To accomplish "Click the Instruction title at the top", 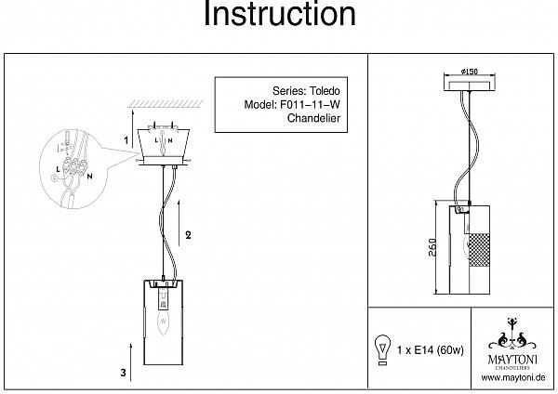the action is (x=279, y=14).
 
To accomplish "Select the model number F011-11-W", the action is (x=310, y=105).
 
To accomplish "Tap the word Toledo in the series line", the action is (x=324, y=91).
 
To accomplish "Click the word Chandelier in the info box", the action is (x=313, y=118).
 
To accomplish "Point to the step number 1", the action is (x=126, y=140).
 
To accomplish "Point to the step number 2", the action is (x=188, y=235).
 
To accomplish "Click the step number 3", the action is (x=123, y=373).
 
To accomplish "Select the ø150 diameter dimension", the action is (x=470, y=72).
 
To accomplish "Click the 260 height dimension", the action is (x=432, y=247).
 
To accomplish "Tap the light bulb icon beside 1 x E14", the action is (x=382, y=350).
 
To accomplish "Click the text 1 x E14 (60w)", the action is (x=431, y=350).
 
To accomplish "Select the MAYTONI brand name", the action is (x=512, y=359).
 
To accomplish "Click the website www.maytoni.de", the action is (x=512, y=377).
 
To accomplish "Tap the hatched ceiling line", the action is (x=166, y=104).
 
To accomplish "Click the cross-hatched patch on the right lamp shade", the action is (x=479, y=250).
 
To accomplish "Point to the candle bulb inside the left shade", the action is (x=163, y=322).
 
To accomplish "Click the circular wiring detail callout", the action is (x=73, y=168).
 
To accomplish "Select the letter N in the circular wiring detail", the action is (x=89, y=176).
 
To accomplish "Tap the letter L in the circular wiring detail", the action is (x=58, y=170).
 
